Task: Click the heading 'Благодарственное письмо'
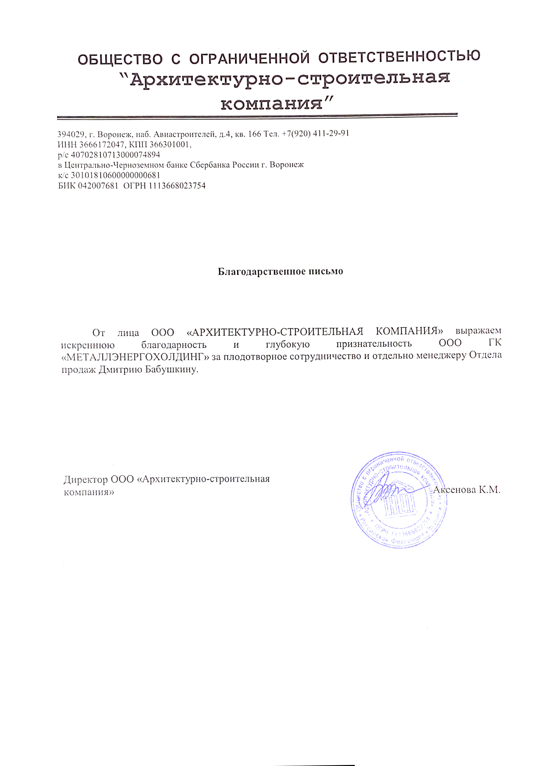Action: pyautogui.click(x=280, y=271)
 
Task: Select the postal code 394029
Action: pyautogui.click(x=71, y=134)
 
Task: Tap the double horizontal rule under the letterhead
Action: pyautogui.click(x=257, y=117)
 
